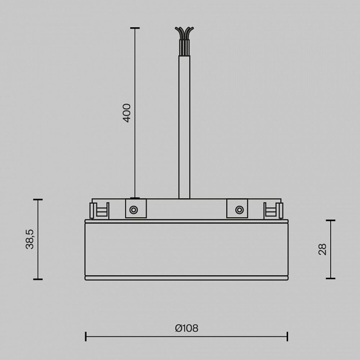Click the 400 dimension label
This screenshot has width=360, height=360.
coord(127,113)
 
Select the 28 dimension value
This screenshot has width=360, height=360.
coord(323,249)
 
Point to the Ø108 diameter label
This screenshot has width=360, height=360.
coord(186,328)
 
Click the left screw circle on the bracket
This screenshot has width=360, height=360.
coord(134,210)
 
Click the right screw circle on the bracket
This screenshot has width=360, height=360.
coord(239,210)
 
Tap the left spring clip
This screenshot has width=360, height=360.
coord(99,211)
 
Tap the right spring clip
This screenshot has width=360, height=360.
coord(273,211)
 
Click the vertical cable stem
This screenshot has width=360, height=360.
coord(184,126)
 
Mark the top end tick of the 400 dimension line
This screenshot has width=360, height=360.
coord(135,28)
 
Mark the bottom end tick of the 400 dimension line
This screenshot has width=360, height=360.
coord(135,198)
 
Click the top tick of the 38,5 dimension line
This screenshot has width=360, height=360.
coord(38,199)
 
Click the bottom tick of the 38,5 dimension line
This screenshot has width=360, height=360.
coord(38,279)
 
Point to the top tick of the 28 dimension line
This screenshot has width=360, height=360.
coord(330,220)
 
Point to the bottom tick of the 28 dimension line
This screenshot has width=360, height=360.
coord(330,278)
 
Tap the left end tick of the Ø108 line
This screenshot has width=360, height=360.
coord(86,337)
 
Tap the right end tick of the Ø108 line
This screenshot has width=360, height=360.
coord(287,337)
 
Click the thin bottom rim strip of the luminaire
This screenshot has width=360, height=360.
coord(186,278)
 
